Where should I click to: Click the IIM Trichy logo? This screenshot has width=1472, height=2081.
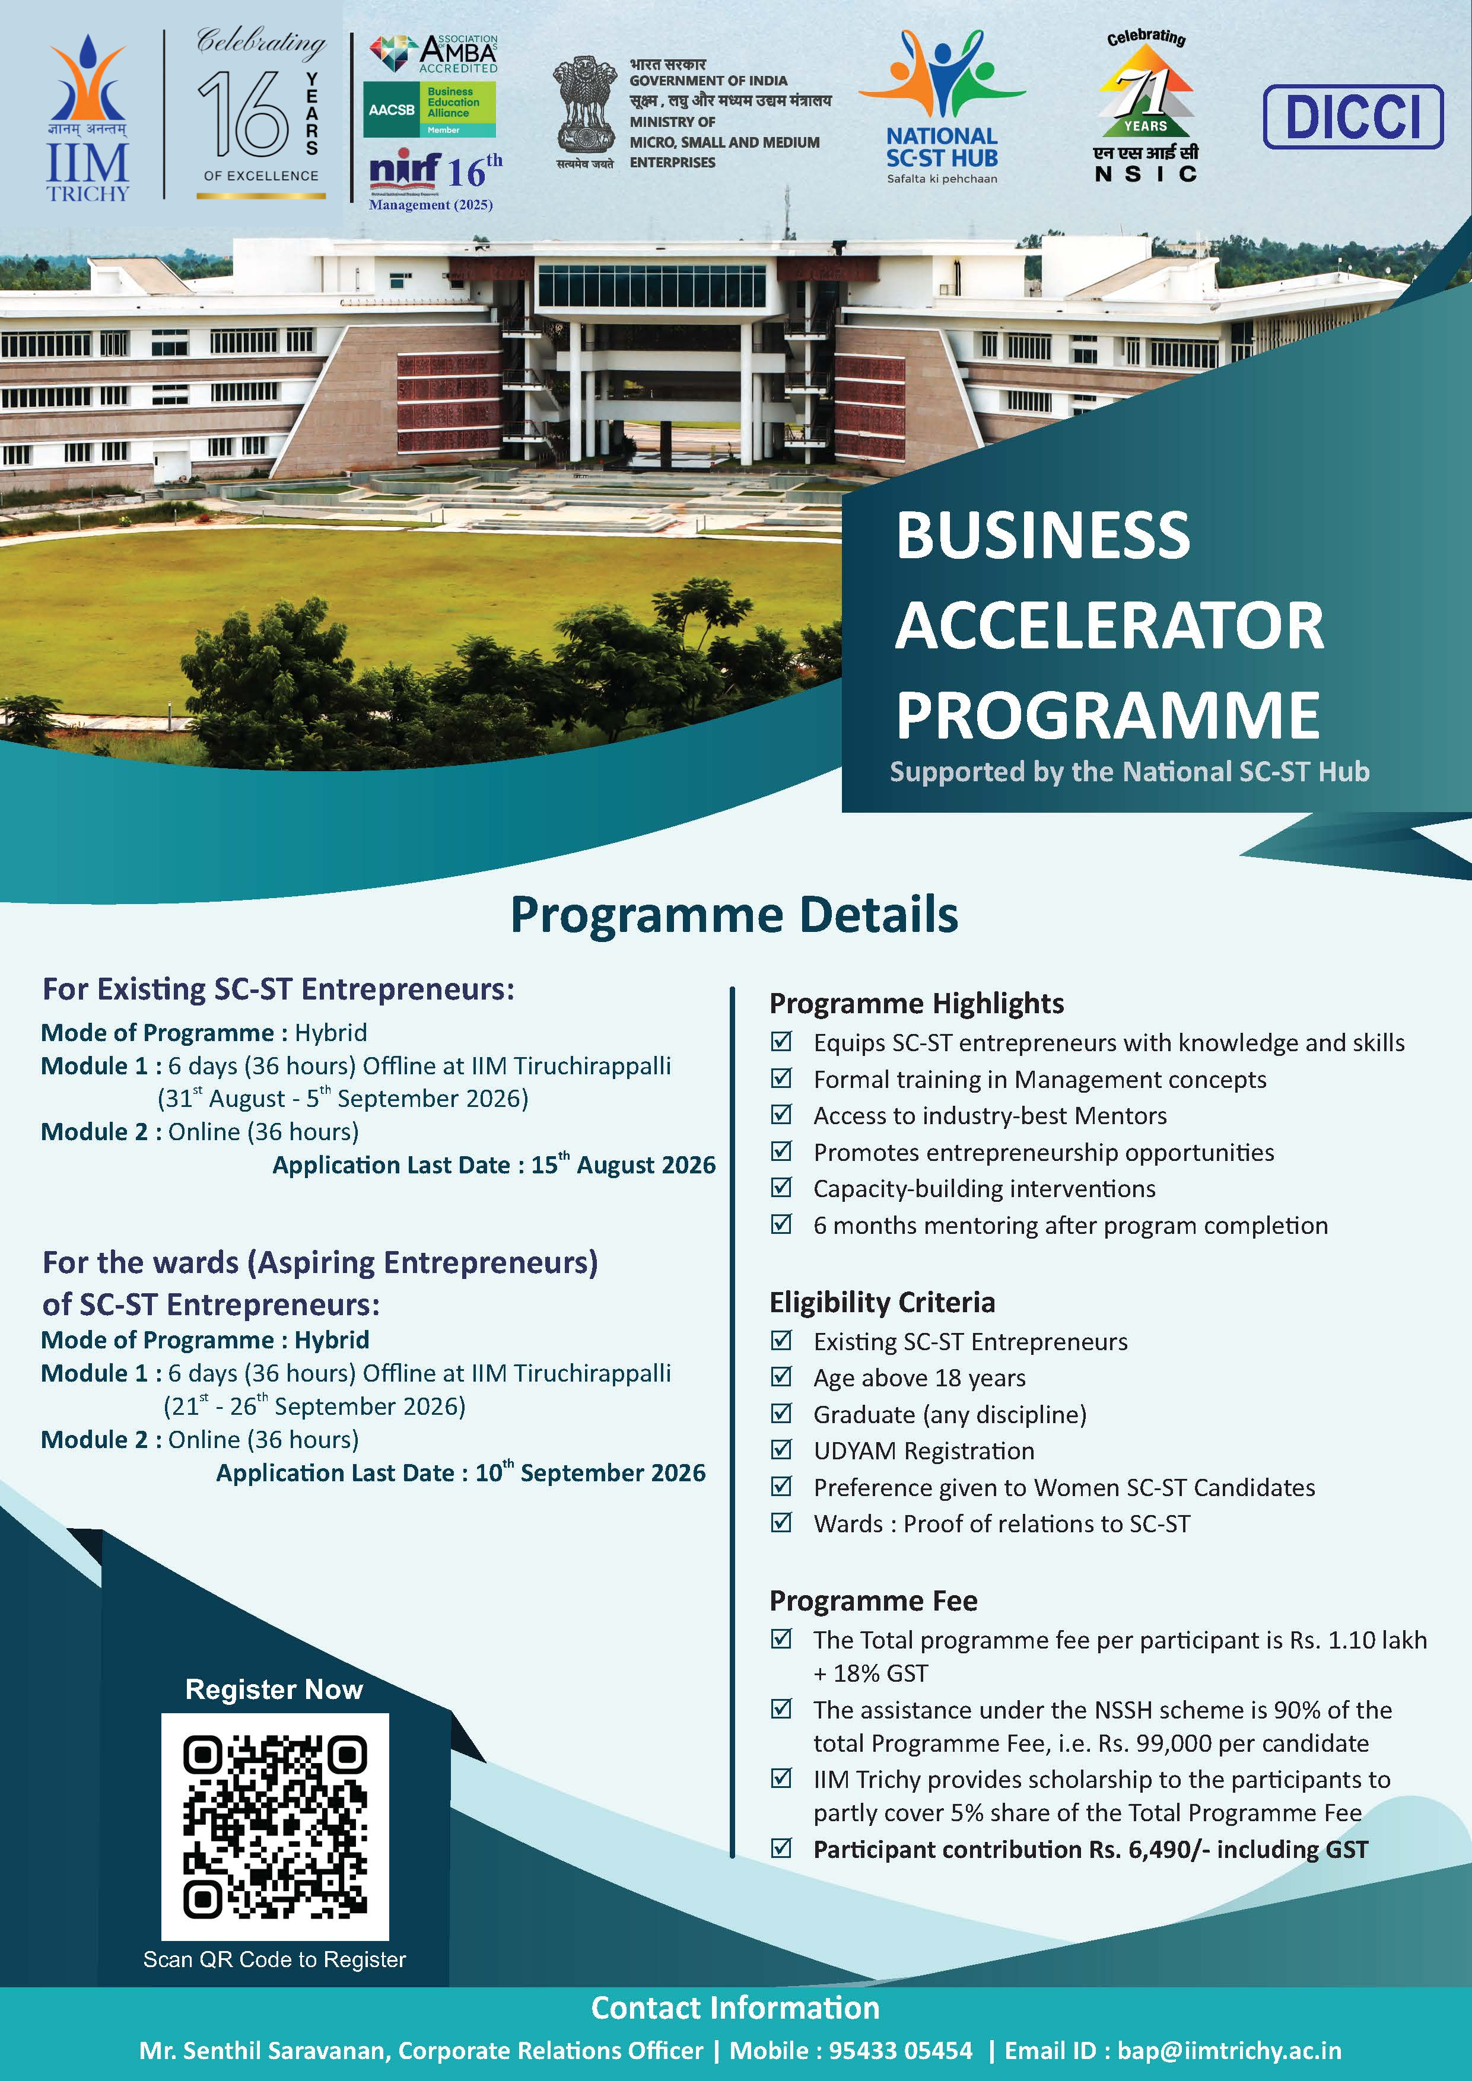[x=88, y=118]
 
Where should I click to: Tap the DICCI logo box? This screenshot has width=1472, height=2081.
[x=1352, y=117]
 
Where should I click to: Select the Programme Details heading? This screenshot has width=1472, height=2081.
[x=734, y=915]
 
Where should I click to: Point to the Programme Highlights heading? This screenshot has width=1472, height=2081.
[x=917, y=1003]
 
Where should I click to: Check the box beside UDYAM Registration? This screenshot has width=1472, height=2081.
[x=780, y=1449]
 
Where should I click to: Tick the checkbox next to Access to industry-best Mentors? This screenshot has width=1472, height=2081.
[x=780, y=1114]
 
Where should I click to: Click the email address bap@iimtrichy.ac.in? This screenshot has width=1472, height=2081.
[x=1229, y=2050]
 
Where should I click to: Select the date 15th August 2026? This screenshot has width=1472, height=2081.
[x=624, y=1164]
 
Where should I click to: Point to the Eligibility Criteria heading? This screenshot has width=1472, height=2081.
[x=882, y=1303]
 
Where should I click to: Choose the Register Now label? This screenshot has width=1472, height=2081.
[x=274, y=1689]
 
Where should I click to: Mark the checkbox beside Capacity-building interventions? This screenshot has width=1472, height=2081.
[x=780, y=1188]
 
